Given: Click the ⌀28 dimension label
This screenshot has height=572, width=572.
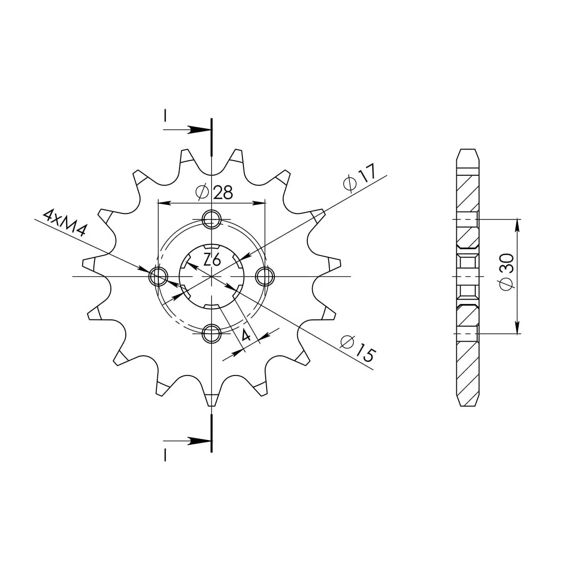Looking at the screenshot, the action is [214, 192].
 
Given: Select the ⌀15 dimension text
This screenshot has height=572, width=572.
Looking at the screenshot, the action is [357, 348].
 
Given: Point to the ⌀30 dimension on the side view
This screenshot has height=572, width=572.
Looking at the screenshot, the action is [507, 272].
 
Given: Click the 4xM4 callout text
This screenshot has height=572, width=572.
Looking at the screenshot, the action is [65, 223].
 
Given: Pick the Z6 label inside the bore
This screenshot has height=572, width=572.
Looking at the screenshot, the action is [212, 260].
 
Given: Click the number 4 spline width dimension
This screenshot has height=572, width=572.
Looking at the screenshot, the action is [246, 334].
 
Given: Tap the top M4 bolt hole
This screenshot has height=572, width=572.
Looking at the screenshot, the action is [211, 219].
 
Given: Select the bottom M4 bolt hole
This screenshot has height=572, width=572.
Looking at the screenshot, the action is [211, 333].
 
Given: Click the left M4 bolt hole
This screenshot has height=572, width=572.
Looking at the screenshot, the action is [158, 276].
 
